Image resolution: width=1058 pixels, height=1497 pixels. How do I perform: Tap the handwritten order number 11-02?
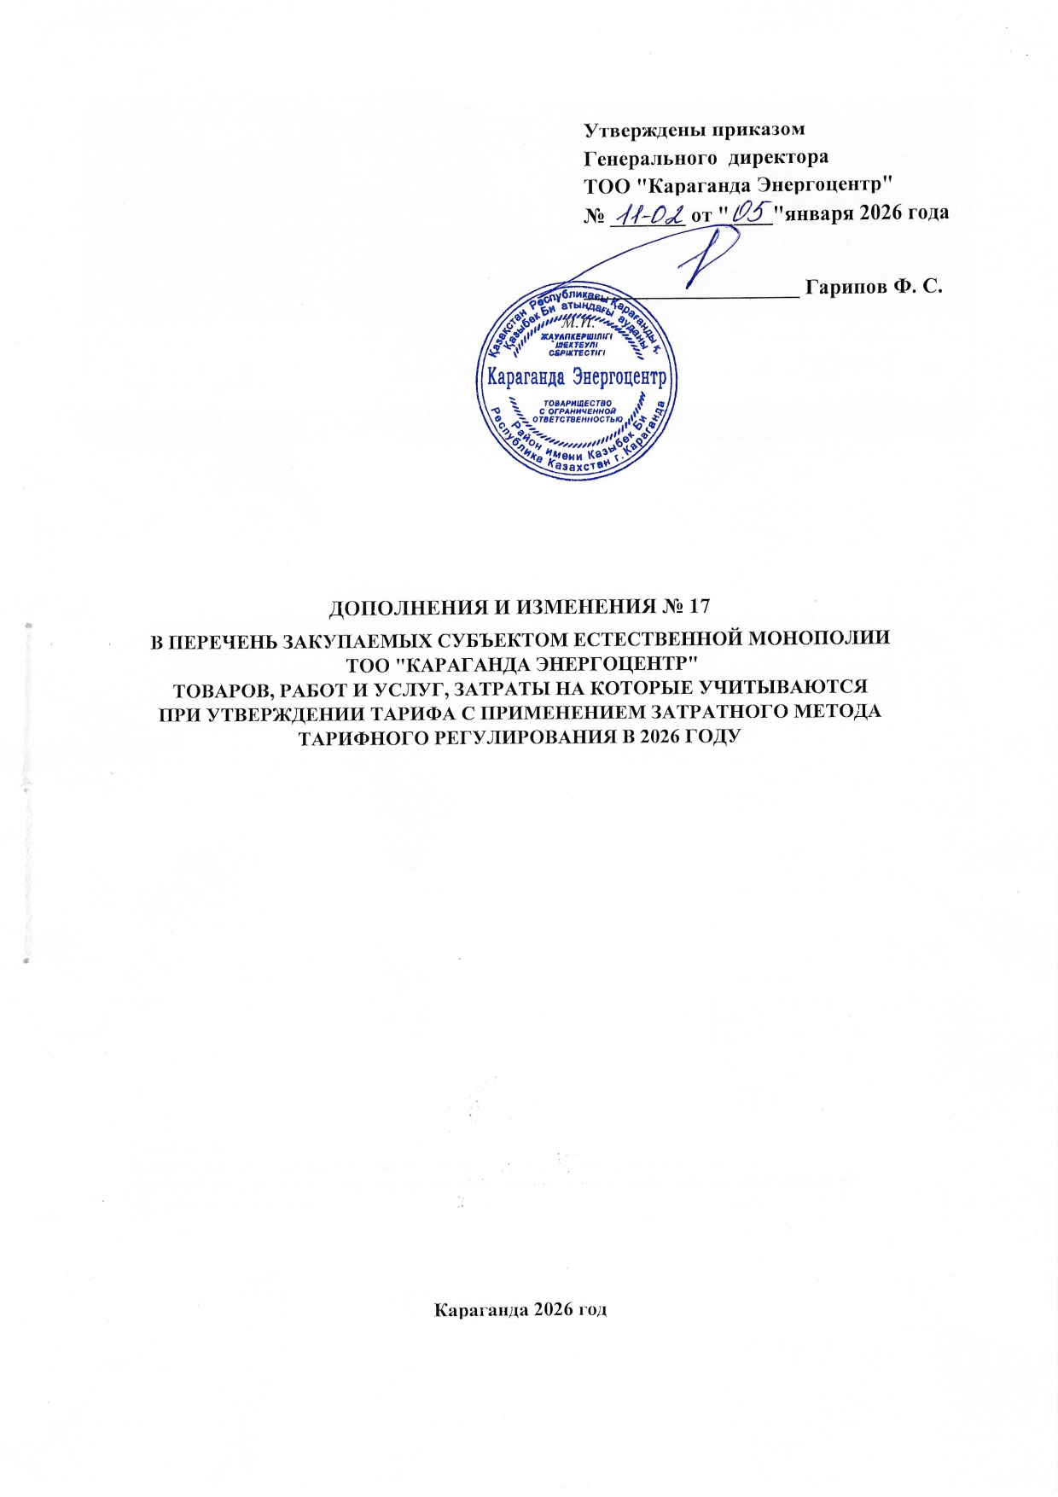click(649, 213)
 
